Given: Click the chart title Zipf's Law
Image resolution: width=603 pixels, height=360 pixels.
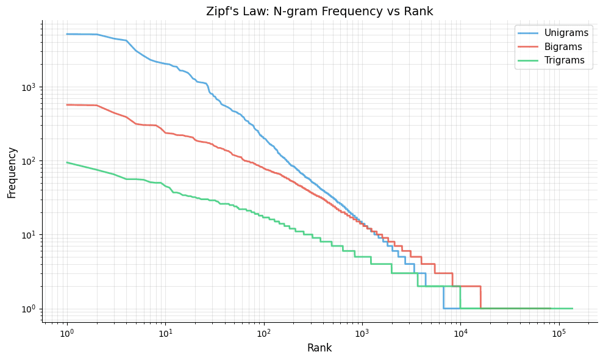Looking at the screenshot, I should tap(319, 11).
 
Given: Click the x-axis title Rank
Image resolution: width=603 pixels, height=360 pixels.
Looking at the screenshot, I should tap(319, 348).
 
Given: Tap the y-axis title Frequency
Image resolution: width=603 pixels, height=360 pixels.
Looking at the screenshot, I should tap(12, 171).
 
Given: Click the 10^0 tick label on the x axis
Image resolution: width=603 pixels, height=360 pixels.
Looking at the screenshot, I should tap(66, 333).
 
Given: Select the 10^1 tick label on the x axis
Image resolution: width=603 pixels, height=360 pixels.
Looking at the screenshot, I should tap(165, 333).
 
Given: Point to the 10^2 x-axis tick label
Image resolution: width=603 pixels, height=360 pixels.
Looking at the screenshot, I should tap(263, 333).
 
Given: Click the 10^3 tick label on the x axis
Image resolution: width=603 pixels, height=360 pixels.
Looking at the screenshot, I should tap(362, 333).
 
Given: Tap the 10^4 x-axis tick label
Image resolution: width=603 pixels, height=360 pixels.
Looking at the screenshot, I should tap(460, 333).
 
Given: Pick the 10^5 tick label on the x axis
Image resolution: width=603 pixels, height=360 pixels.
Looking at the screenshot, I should tap(558, 333).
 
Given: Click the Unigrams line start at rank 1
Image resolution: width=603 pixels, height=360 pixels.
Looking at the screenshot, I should tap(67, 34).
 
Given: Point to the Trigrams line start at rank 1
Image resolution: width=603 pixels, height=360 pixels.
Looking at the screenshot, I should tap(67, 162).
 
